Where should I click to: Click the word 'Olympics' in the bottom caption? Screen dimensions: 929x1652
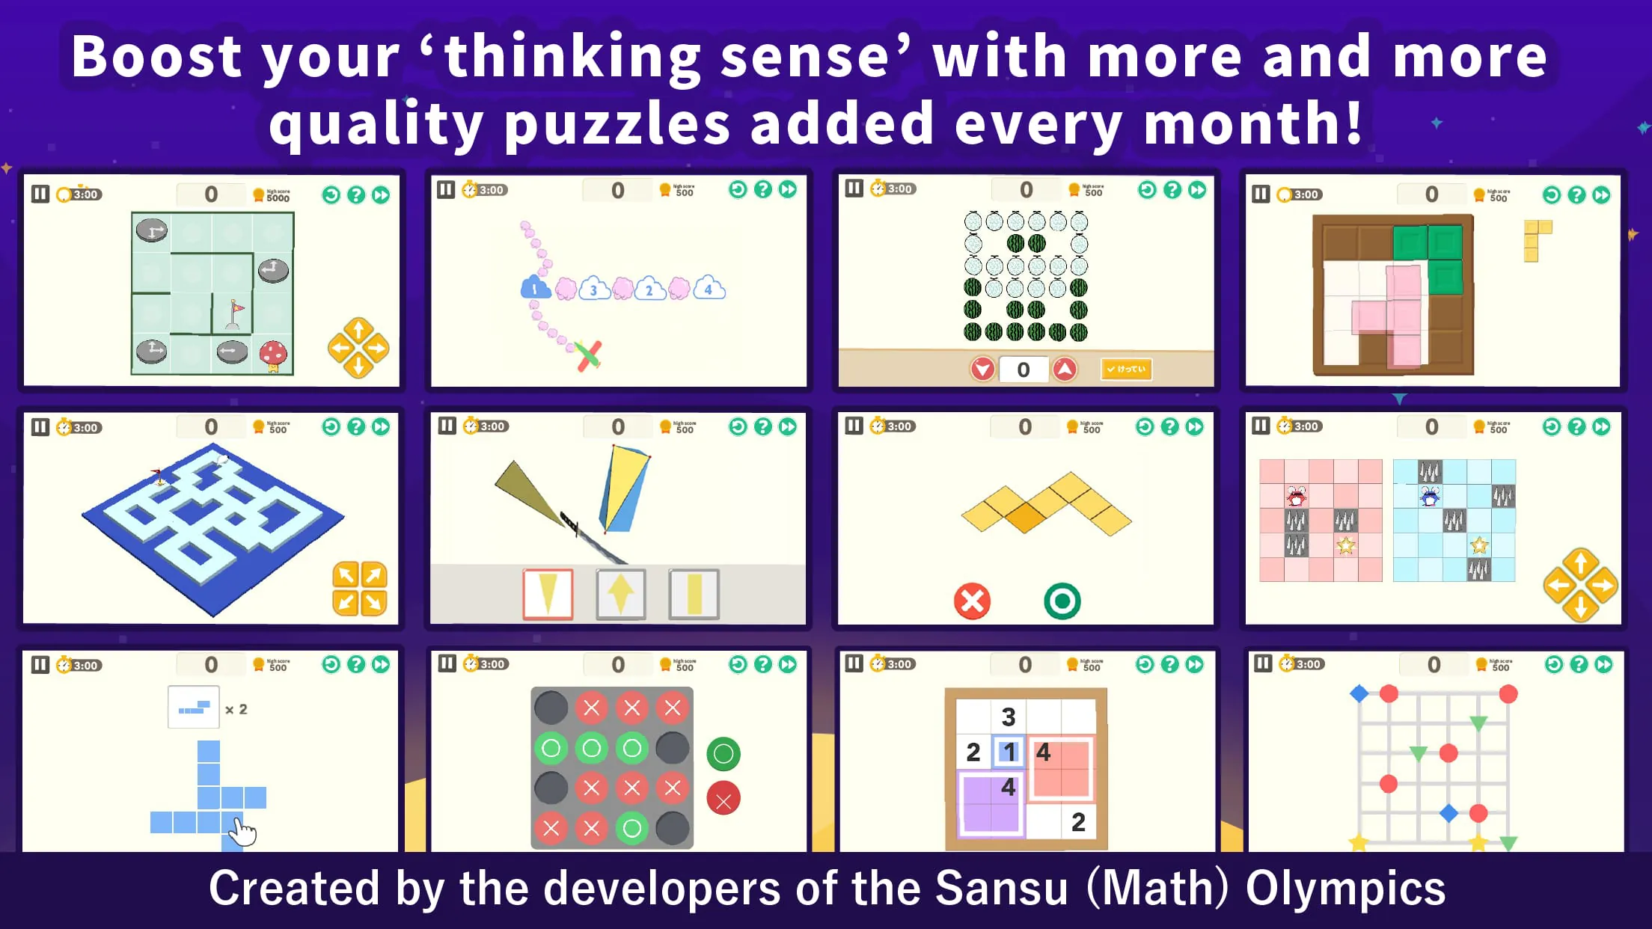pos(1344,889)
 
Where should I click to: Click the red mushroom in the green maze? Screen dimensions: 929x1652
pos(273,353)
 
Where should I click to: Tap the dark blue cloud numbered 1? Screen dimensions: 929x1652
pos(535,288)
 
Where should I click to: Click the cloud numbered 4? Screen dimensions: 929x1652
pos(709,288)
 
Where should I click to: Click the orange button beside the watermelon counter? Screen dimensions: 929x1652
pos(1126,369)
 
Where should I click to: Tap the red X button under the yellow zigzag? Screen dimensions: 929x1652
pos(972,601)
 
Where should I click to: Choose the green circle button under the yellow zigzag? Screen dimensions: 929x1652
pos(1062,601)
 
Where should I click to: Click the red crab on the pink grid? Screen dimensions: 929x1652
pos(1297,496)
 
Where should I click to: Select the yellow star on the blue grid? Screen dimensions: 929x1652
pos(1478,545)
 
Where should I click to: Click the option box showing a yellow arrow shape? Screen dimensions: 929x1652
pos(620,594)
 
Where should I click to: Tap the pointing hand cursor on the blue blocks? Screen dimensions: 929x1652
pos(242,830)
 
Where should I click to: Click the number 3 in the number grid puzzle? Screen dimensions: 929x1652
pos(1008,717)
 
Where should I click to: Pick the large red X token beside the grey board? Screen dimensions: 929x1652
pos(723,799)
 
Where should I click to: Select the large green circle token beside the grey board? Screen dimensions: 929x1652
pos(723,754)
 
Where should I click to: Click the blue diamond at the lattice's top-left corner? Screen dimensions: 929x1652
pos(1359,693)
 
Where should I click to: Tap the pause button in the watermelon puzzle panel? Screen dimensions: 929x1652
pos(854,188)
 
